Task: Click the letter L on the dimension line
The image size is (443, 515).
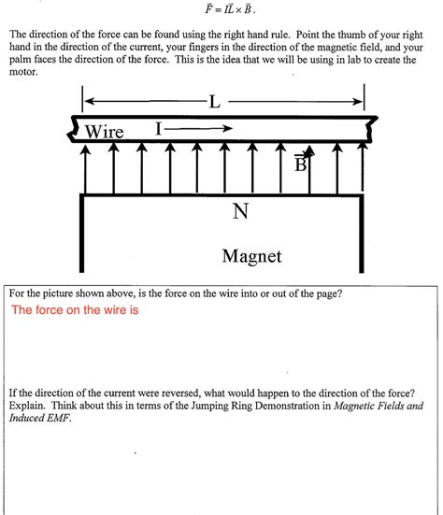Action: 215,101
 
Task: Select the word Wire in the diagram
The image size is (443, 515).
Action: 104,132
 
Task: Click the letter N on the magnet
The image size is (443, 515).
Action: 241,212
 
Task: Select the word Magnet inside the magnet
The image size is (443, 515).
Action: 251,254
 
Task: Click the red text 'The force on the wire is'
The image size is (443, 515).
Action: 75,311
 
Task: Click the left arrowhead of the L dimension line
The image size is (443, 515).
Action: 89,102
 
